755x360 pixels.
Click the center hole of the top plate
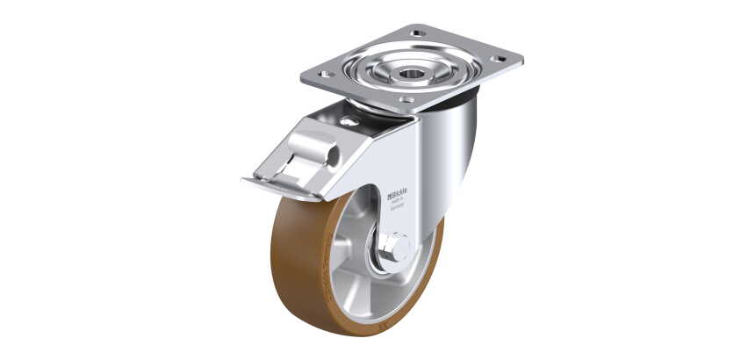click(x=411, y=74)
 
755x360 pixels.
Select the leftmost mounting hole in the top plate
click(x=326, y=75)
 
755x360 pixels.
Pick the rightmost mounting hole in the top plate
click(x=500, y=60)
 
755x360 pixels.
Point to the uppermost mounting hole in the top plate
click(x=419, y=33)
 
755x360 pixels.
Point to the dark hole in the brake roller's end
click(x=334, y=156)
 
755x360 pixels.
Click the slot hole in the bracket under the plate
click(x=349, y=121)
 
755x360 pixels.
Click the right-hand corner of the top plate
click(x=519, y=61)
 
